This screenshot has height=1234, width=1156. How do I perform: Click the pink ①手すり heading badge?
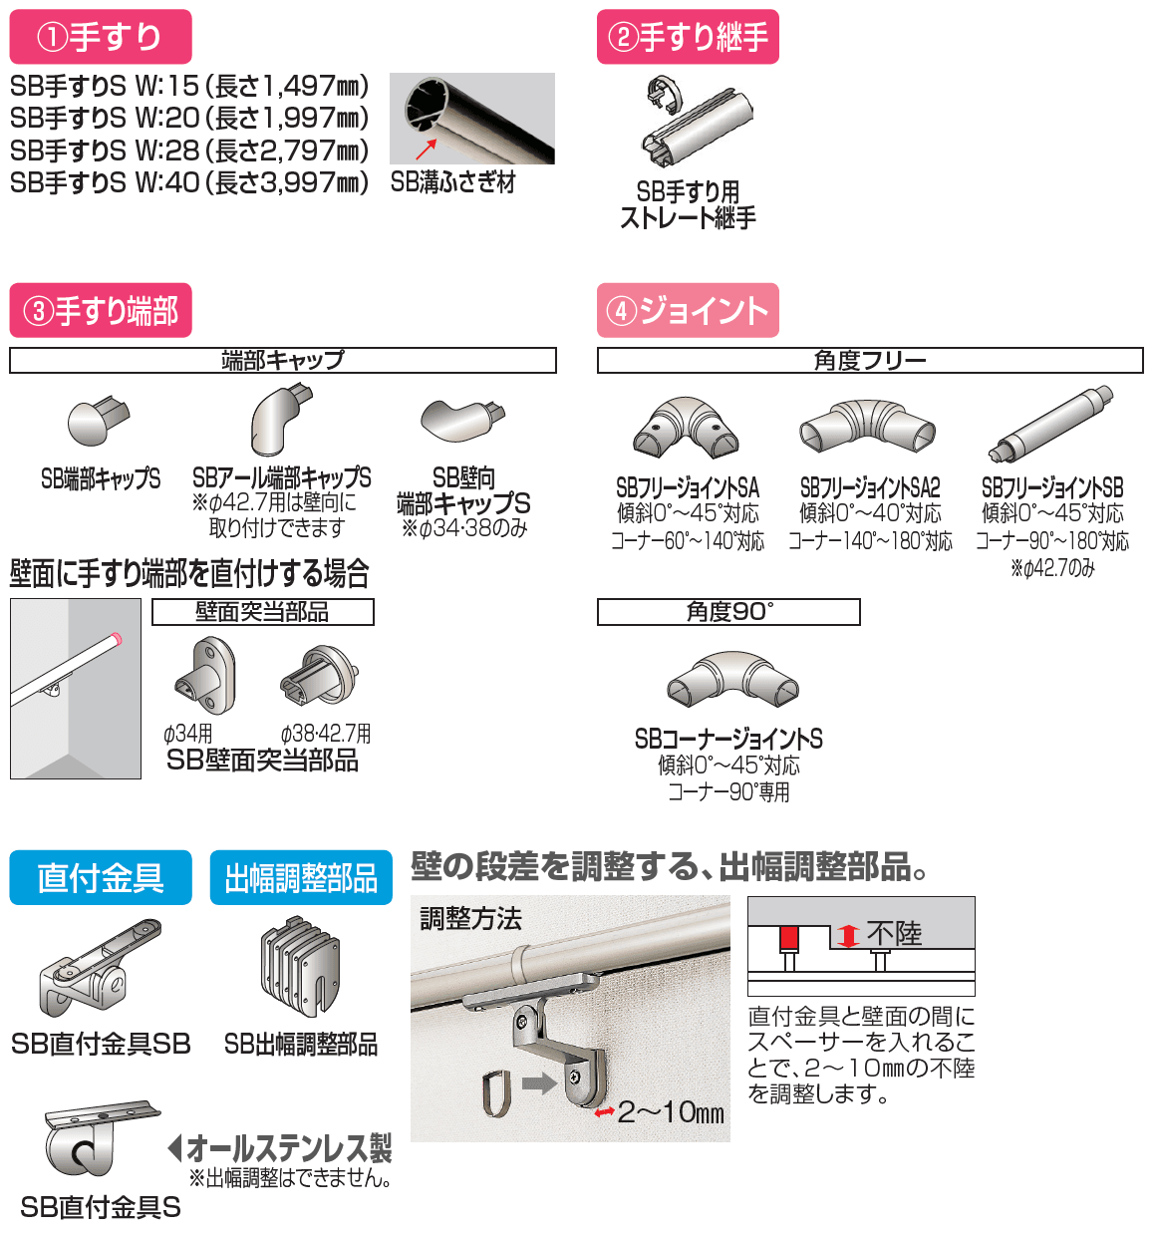click(100, 37)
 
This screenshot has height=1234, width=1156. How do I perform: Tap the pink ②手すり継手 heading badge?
click(688, 37)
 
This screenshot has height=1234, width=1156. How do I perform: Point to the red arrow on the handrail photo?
click(427, 150)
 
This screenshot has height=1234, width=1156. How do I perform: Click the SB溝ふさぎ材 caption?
click(452, 182)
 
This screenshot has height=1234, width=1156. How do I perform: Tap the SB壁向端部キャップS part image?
click(462, 420)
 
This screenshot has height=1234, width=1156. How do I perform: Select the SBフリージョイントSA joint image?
click(687, 429)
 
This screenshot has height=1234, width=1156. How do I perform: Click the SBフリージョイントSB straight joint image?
click(1050, 425)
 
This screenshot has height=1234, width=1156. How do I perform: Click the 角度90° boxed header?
click(728, 612)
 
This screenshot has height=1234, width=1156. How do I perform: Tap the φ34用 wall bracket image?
click(205, 676)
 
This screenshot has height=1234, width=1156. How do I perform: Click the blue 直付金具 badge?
click(101, 877)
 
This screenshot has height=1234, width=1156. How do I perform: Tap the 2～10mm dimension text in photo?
click(670, 1112)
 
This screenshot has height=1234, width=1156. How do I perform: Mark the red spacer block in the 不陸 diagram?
click(788, 938)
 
